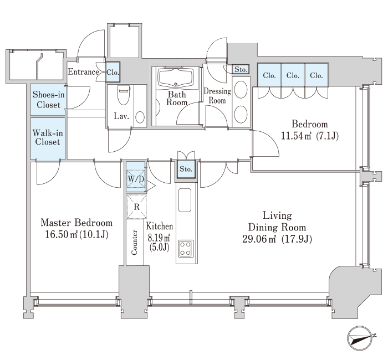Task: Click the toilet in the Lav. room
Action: coord(124,95)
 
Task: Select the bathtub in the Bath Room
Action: coord(176,77)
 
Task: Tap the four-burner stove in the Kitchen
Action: coord(186,249)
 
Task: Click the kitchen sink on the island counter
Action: coord(185,200)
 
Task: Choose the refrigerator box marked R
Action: coord(136,207)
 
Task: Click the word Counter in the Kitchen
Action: coord(134,243)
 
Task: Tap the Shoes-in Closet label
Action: coord(49,99)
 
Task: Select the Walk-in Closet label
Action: coord(48,137)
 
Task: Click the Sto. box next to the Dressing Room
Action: coord(241,69)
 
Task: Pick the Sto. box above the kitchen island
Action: coord(186,169)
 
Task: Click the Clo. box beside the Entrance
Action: coord(113,72)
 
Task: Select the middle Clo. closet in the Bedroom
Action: coord(293,75)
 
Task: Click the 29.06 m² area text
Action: coord(259,239)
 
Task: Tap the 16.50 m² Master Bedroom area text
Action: coord(62,234)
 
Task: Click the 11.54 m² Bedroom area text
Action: coord(296,136)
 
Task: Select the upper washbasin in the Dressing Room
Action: coord(241,89)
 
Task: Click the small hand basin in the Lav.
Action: coord(140,117)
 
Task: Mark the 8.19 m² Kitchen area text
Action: coord(159,238)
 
